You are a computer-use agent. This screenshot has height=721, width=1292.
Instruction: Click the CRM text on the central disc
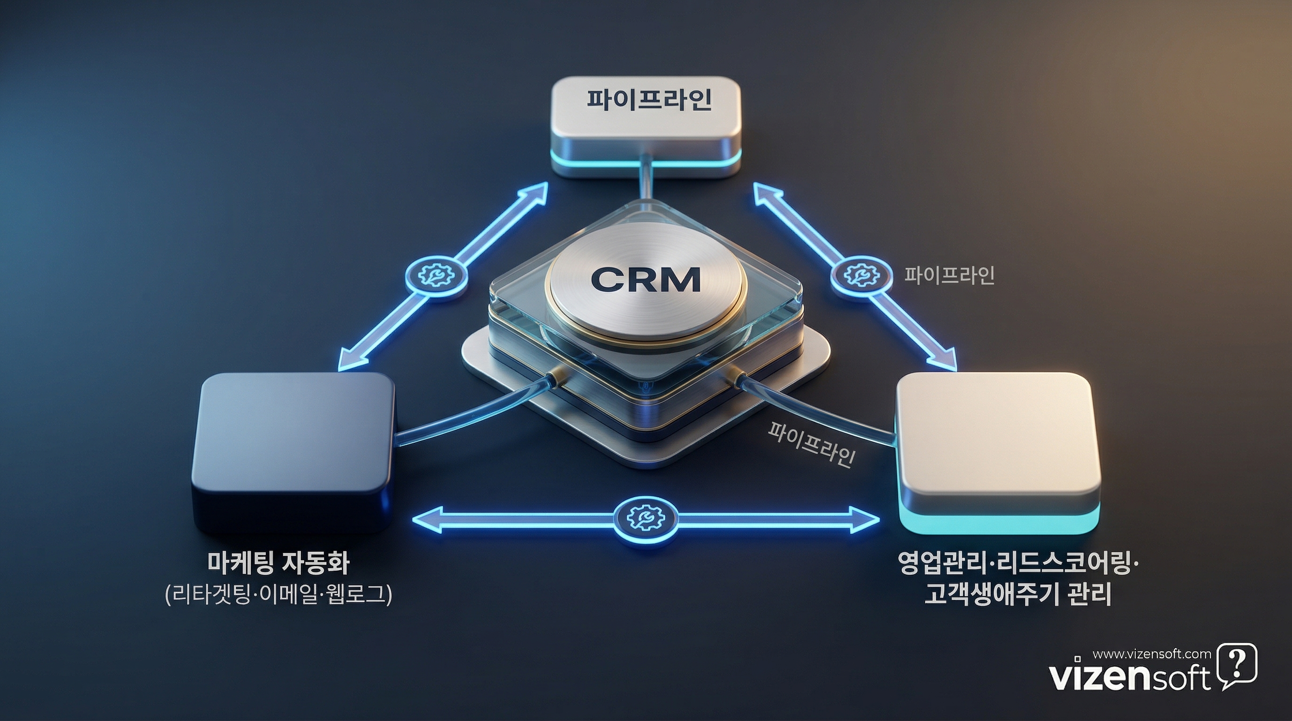pos(646,279)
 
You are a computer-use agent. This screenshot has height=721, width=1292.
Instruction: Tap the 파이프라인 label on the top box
pos(649,99)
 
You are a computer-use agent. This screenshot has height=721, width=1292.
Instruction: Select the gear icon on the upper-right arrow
pos(861,275)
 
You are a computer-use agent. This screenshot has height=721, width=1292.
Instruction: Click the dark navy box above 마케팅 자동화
pos(293,441)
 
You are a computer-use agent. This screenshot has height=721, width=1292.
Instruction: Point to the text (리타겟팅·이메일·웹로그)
pos(278,595)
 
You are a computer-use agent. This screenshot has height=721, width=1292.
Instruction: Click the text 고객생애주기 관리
pos(1018,595)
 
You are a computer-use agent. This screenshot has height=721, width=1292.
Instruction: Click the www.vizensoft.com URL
pos(1152,654)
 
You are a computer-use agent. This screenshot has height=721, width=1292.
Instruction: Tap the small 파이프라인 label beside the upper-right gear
pos(949,275)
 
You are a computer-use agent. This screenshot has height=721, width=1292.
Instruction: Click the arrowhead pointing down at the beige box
pos(946,361)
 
